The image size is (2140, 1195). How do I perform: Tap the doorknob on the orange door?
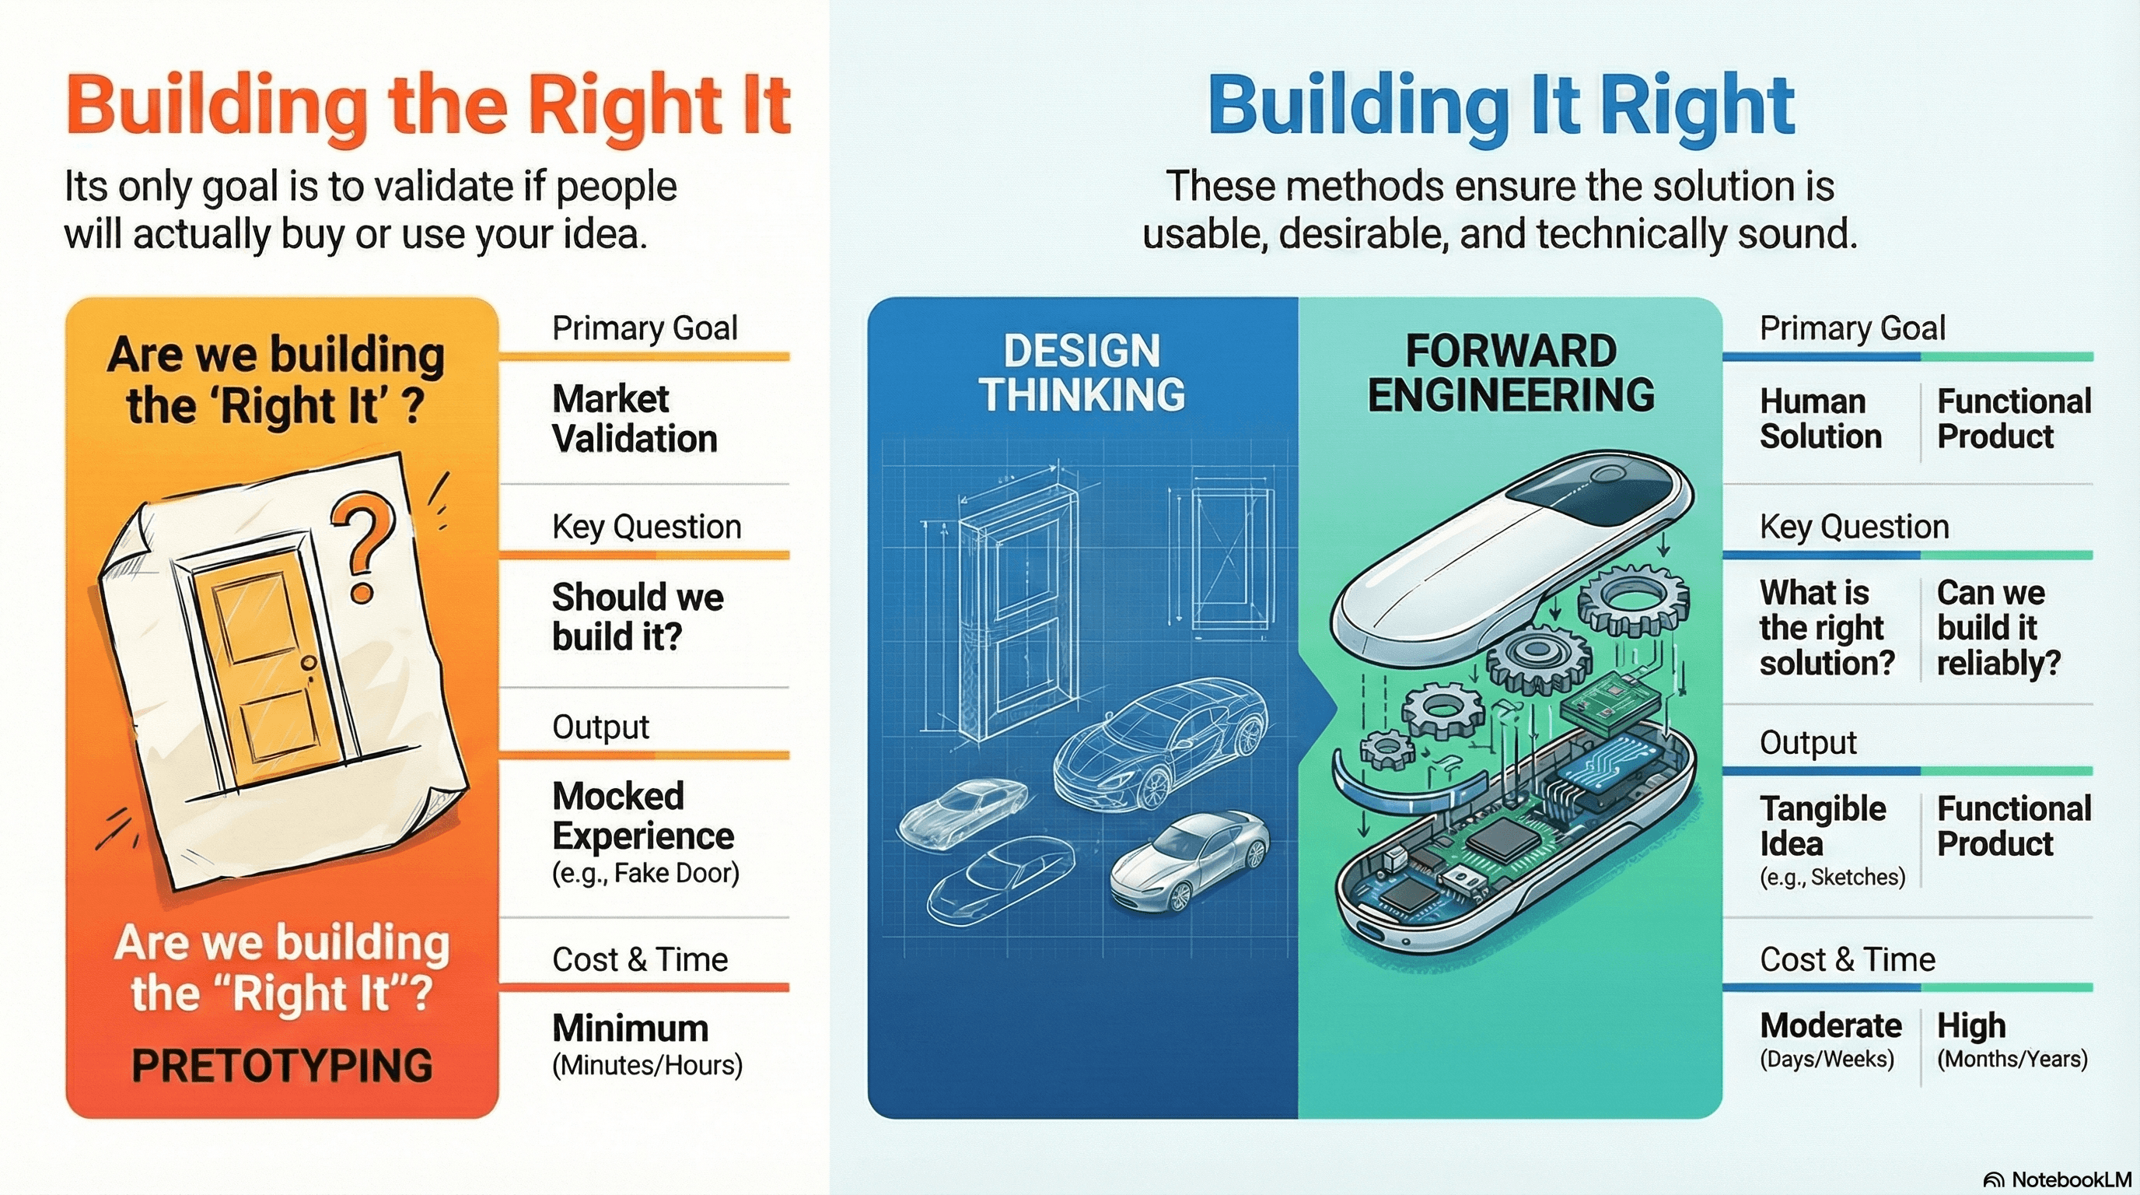pyautogui.click(x=309, y=662)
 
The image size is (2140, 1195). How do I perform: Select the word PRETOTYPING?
pyautogui.click(x=282, y=1064)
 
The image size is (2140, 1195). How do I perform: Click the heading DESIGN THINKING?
pyautogui.click(x=1082, y=373)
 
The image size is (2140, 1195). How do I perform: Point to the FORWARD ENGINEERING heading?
pyautogui.click(x=1510, y=373)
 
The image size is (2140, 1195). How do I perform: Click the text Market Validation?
pyautogui.click(x=635, y=418)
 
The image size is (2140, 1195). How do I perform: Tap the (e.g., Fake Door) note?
pyautogui.click(x=645, y=874)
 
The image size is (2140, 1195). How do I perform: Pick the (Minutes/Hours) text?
pyautogui.click(x=647, y=1064)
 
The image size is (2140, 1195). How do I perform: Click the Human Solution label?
pyautogui.click(x=1820, y=419)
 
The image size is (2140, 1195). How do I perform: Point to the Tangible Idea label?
pyautogui.click(x=1823, y=825)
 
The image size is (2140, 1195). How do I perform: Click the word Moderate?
pyautogui.click(x=1831, y=1025)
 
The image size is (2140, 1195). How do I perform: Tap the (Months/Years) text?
pyautogui.click(x=2012, y=1059)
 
